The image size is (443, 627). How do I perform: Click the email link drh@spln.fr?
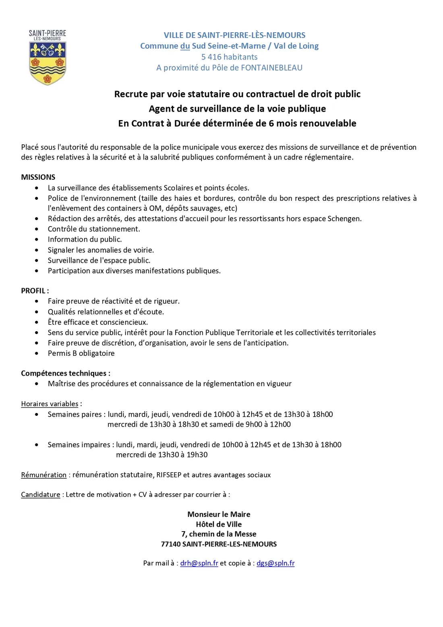[x=199, y=563]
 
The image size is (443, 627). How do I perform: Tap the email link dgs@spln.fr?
[x=275, y=563]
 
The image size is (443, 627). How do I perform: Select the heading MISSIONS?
[x=38, y=177]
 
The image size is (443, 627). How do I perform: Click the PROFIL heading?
[x=34, y=291]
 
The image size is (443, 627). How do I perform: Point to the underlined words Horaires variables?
[x=50, y=404]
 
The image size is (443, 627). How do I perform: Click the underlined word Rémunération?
[x=43, y=475]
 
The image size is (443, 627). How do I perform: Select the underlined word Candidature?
[x=40, y=494]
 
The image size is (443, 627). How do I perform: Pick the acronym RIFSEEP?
[x=169, y=475]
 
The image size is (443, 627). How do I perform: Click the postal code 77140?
[x=170, y=544]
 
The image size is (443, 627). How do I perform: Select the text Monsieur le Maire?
[x=219, y=514]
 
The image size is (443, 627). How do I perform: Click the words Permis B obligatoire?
[x=81, y=353]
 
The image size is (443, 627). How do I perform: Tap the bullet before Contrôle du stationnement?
[x=37, y=229]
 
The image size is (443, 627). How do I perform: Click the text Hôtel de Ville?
[x=219, y=524]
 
